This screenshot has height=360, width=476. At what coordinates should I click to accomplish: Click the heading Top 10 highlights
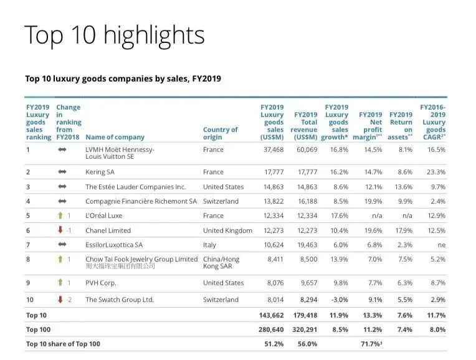point(114,35)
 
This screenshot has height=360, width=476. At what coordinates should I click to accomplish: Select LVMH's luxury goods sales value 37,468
point(272,149)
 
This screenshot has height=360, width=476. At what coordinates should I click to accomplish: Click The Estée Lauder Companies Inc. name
point(135,186)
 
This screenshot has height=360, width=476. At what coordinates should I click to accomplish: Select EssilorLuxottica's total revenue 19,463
point(305,245)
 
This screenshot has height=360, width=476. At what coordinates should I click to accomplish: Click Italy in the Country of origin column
point(209,245)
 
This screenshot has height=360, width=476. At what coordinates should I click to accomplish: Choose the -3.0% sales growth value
point(337,300)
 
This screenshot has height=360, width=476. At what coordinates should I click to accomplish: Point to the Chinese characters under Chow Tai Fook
point(120,266)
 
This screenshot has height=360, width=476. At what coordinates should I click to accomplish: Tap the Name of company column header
point(115,137)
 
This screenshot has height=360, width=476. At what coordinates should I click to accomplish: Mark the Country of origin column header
point(220,133)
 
